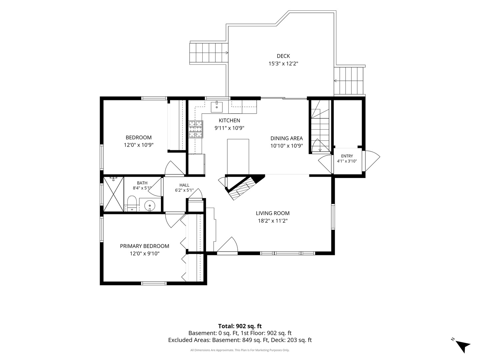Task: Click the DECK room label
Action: point(283,56)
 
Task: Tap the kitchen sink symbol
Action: point(216,107)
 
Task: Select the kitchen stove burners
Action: point(196,129)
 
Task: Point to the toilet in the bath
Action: point(132,203)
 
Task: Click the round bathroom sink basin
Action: point(150,205)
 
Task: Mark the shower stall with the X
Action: point(113,194)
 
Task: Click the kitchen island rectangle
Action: point(238,157)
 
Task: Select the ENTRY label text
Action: point(347,156)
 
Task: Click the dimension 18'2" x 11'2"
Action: point(273,221)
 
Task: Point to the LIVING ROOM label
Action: point(273,213)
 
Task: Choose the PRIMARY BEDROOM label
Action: point(145,246)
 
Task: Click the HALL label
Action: point(184,185)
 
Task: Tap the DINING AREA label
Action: point(286,138)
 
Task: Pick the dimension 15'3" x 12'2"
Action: point(283,64)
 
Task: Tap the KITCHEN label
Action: point(229,120)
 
